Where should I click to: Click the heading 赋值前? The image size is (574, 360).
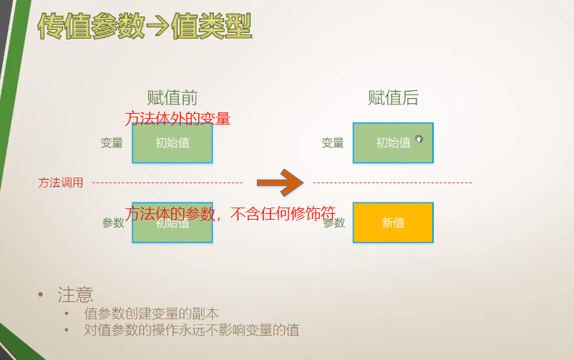(x=172, y=98)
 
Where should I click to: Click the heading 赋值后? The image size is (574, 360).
(x=393, y=98)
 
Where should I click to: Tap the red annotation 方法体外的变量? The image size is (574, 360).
(x=177, y=118)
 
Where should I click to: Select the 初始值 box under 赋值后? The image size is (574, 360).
(x=393, y=142)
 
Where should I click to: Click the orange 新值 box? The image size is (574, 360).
(x=393, y=223)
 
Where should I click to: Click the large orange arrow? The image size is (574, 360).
(x=281, y=183)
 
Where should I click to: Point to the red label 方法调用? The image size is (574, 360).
(x=61, y=183)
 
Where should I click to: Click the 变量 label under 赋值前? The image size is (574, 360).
(x=112, y=142)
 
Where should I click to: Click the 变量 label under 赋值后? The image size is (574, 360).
(x=333, y=142)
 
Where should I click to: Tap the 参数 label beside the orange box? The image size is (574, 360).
(x=334, y=223)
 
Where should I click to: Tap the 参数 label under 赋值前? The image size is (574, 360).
(x=113, y=223)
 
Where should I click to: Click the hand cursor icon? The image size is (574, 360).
(x=419, y=139)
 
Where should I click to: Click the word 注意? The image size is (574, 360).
(x=75, y=294)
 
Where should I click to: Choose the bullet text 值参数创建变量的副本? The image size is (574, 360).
(x=151, y=313)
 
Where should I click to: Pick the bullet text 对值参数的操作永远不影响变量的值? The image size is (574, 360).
(x=191, y=330)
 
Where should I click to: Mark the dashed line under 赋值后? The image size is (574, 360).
(x=392, y=183)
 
